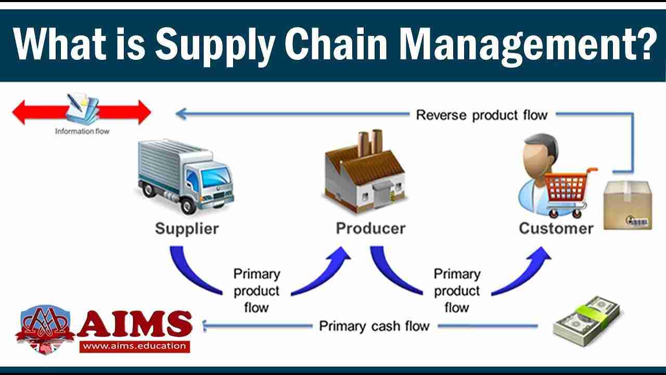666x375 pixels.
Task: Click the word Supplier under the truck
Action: [187, 228]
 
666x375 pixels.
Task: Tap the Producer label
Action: [370, 228]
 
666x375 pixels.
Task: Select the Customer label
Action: [556, 228]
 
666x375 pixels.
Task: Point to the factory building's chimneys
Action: [370, 141]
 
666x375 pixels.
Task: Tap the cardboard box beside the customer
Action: [627, 205]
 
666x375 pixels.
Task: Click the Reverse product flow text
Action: [481, 115]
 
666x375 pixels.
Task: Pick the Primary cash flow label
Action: [374, 327]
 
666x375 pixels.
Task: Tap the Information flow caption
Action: [82, 132]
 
